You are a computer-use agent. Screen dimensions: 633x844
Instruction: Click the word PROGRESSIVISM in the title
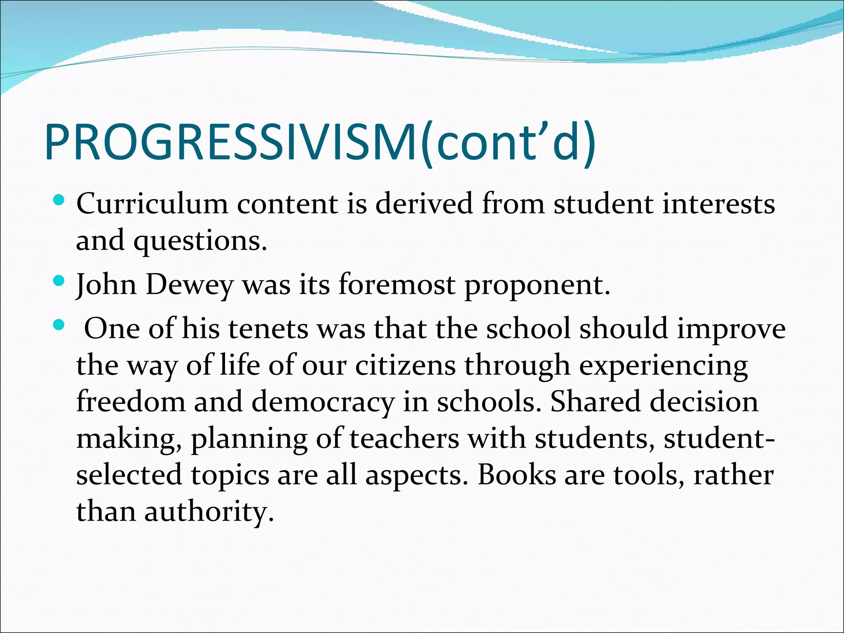point(231,142)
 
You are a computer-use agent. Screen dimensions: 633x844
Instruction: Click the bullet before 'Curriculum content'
point(59,201)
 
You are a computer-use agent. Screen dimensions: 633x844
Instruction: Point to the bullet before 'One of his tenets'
point(59,325)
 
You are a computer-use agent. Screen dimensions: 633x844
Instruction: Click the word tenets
point(268,329)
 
